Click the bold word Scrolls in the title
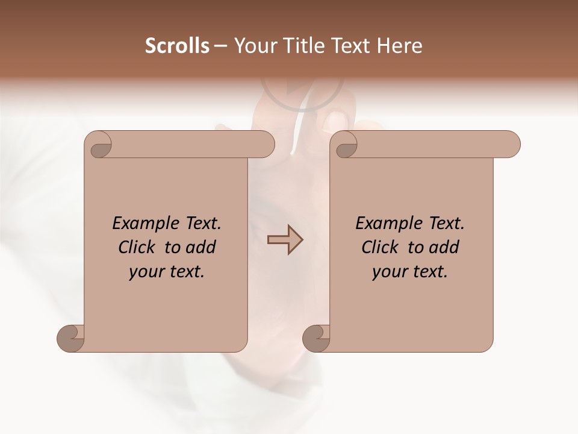pos(177,46)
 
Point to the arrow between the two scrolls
pos(285,240)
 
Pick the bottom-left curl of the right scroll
pos(316,338)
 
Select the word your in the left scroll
pos(145,272)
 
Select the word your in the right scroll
pos(388,272)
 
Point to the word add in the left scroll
pos(201,248)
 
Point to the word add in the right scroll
pos(444,248)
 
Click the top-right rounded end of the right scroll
pos(511,145)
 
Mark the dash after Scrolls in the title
pos(220,46)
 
